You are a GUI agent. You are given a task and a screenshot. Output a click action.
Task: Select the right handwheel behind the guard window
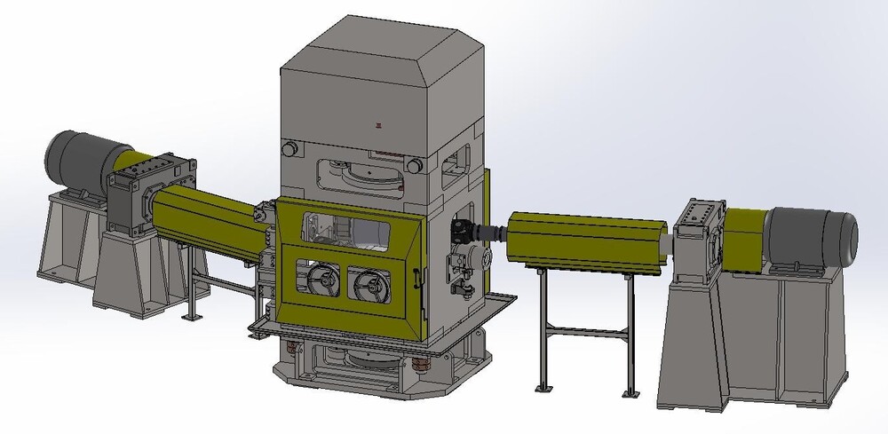pos(369,285)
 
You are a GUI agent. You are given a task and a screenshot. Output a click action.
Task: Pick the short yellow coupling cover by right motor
pos(746,235)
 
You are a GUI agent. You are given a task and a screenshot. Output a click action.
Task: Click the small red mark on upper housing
pos(380,125)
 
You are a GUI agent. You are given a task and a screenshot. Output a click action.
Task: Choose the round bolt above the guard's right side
pos(414,163)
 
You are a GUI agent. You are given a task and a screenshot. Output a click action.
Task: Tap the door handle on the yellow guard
pos(415,279)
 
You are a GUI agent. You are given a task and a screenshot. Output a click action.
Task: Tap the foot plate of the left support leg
pos(188,317)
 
